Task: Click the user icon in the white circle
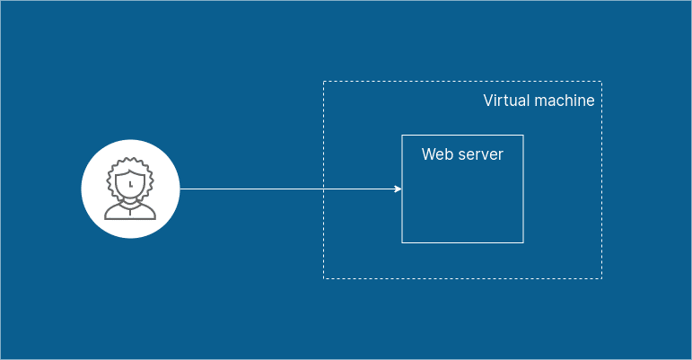(x=130, y=189)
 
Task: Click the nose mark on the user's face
(x=130, y=183)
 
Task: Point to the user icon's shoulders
(x=130, y=214)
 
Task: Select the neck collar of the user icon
(x=130, y=204)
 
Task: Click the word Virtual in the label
(x=504, y=101)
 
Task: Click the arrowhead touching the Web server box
(x=398, y=189)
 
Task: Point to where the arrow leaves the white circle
(x=180, y=189)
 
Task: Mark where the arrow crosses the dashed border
(x=323, y=189)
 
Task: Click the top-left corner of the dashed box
(x=323, y=82)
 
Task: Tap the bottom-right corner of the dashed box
(x=601, y=278)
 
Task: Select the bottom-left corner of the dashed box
(x=323, y=278)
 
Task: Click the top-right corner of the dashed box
(x=601, y=82)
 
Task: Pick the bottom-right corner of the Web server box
(x=522, y=242)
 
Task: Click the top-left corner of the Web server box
(x=402, y=136)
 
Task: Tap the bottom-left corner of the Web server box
(x=402, y=242)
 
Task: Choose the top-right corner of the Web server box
(x=522, y=136)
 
